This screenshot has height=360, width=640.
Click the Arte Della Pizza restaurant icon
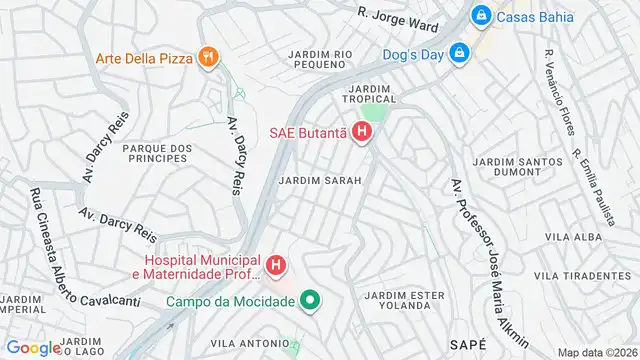(208, 58)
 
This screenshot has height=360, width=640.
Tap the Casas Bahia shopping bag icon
(482, 16)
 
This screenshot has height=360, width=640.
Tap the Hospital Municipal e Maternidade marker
(276, 266)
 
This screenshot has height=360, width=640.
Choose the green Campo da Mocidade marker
(310, 300)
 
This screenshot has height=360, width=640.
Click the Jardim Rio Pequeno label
(321, 60)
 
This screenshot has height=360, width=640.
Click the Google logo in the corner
(32, 347)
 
